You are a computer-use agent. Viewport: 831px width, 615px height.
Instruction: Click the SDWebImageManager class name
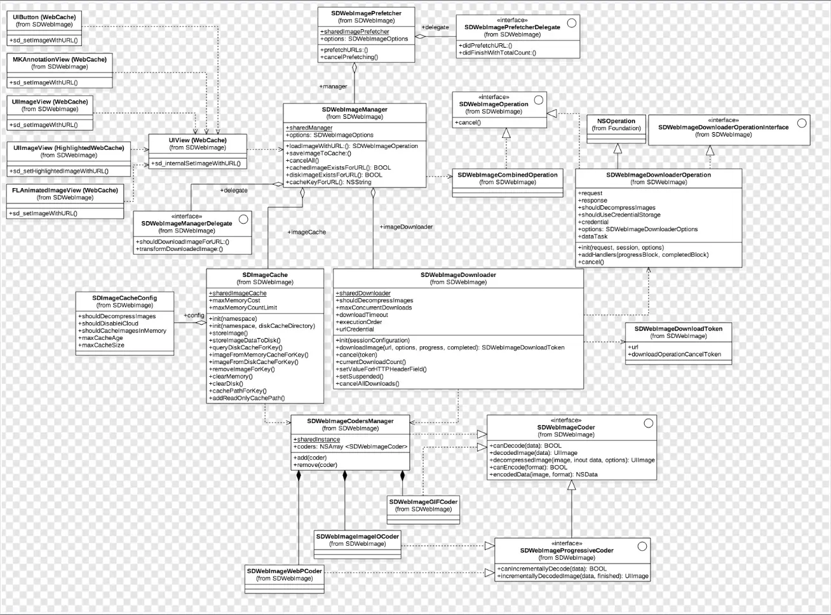(355, 109)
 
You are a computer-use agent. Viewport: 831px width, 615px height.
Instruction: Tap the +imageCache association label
(307, 232)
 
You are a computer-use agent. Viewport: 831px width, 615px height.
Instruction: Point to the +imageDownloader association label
(406, 227)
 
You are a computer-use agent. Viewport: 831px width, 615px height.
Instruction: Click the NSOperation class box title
(616, 121)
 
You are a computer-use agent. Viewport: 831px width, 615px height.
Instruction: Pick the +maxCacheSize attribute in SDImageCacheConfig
(101, 345)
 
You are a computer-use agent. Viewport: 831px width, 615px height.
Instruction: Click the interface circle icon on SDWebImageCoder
(648, 423)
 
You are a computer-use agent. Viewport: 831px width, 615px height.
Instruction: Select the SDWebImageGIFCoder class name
(423, 501)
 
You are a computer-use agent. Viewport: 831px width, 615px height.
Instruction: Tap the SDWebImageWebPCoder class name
(285, 571)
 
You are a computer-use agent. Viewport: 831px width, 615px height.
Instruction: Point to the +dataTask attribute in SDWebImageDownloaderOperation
(593, 236)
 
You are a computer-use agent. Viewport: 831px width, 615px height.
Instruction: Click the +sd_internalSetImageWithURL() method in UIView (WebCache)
(196, 163)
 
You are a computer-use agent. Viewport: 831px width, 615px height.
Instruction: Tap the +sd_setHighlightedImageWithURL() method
(58, 171)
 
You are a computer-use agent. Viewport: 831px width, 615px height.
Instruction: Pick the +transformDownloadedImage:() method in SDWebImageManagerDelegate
(179, 249)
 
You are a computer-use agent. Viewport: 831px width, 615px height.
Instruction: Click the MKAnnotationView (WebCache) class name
(60, 59)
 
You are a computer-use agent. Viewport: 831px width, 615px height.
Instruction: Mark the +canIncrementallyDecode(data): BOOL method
(551, 569)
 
